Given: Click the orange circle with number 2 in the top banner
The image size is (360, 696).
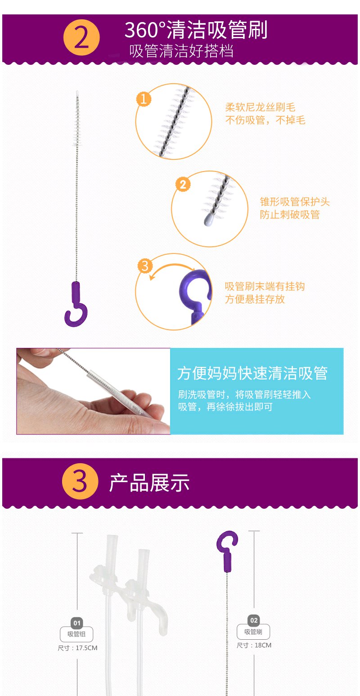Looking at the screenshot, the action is pyautogui.click(x=81, y=37).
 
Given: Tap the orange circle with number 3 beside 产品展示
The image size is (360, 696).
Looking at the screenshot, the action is pyautogui.click(x=80, y=481).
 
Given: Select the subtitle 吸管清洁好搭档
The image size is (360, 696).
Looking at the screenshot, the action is pyautogui.click(x=181, y=51).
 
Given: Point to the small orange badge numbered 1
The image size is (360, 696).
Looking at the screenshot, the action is pyautogui.click(x=144, y=99).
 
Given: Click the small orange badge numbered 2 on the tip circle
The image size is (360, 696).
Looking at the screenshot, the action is pyautogui.click(x=183, y=184).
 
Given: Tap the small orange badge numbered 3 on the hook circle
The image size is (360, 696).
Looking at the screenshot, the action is pyautogui.click(x=145, y=266).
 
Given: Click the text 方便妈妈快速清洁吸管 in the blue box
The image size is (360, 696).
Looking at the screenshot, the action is pyautogui.click(x=252, y=373).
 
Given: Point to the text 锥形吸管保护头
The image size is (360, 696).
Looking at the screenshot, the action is pyautogui.click(x=295, y=202).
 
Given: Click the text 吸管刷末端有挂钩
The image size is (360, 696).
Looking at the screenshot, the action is pyautogui.click(x=265, y=286).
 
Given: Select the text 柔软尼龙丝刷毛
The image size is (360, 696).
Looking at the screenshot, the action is pyautogui.click(x=260, y=107).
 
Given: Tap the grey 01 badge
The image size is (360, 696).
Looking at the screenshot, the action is pyautogui.click(x=76, y=623).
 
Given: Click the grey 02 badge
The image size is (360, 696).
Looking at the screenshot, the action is pyautogui.click(x=254, y=620).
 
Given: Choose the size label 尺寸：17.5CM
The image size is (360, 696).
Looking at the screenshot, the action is pyautogui.click(x=77, y=648).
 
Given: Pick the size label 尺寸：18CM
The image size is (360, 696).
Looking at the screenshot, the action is pyautogui.click(x=254, y=645).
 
